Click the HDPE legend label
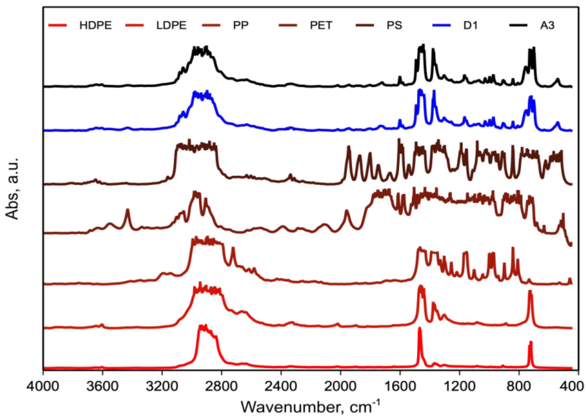pos(95,26)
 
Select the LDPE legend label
pos(171,26)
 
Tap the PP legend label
pos(241,26)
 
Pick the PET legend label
pos(321,26)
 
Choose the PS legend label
pos(394,26)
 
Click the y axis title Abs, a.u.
pos(13,189)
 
